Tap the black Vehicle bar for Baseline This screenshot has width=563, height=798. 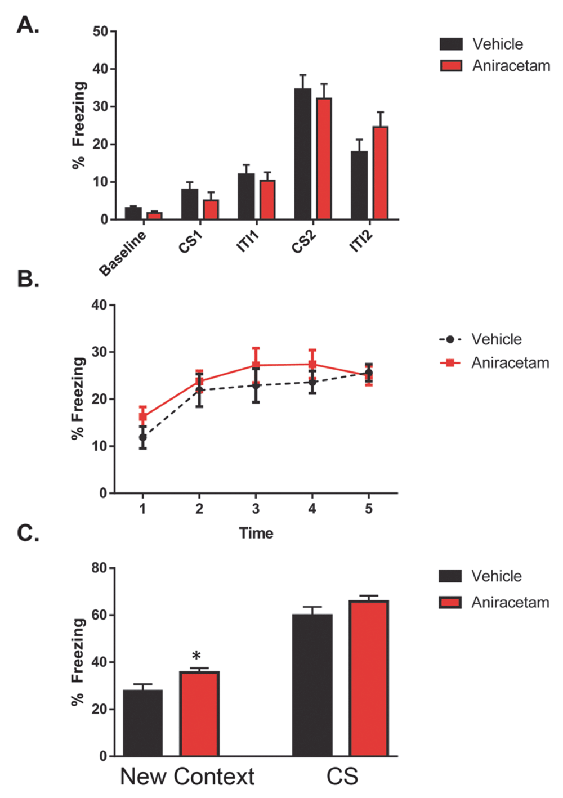click(133, 213)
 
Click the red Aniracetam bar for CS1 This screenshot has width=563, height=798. click(211, 209)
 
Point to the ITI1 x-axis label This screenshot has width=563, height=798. click(248, 241)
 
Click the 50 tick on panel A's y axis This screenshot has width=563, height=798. click(101, 32)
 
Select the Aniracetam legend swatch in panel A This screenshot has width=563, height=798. click(451, 66)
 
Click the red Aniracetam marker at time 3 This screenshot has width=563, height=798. click(256, 365)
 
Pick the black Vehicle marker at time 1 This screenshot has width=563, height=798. click(143, 437)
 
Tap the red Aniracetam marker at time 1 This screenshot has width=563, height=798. click(143, 417)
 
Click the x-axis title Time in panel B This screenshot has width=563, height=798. click(256, 533)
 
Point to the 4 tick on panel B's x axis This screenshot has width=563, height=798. click(312, 509)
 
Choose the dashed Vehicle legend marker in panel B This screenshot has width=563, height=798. click(450, 339)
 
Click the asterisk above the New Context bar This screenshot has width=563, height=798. click(196, 656)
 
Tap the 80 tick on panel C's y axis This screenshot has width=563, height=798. click(100, 568)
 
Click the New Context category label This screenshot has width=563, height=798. click(187, 777)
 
